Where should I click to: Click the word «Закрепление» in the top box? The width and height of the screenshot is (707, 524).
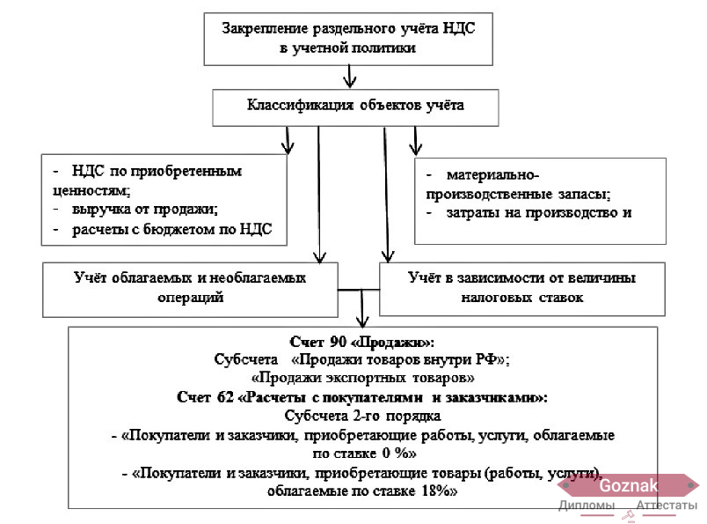[x=266, y=29]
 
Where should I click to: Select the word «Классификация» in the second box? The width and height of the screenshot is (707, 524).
[x=300, y=106]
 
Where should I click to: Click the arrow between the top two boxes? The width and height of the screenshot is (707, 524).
[x=350, y=77]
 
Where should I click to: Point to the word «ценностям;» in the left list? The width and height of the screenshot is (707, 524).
[x=91, y=191]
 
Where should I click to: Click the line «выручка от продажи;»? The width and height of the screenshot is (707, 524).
[x=145, y=209]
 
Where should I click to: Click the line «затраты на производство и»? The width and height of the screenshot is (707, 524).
[x=539, y=212]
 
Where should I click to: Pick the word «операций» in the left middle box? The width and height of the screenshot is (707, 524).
[x=190, y=298]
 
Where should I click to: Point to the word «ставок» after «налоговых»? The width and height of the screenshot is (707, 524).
[x=560, y=298]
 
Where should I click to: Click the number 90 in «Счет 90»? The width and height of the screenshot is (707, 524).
[x=338, y=342]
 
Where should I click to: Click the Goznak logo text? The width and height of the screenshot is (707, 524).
[x=629, y=485]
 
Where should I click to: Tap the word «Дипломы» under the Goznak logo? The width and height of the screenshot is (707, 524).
[x=587, y=506]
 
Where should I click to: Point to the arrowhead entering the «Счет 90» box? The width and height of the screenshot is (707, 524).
[x=362, y=322]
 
